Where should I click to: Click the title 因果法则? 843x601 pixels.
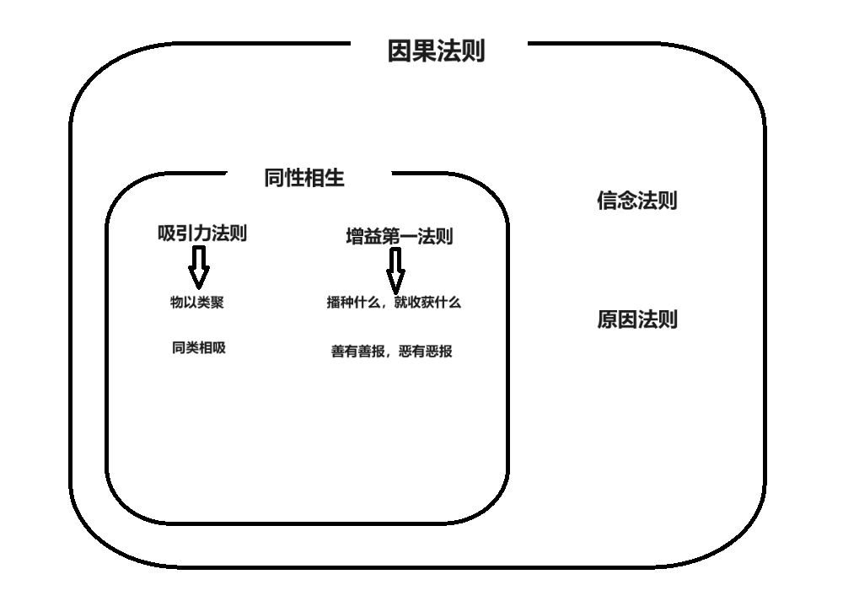(x=436, y=51)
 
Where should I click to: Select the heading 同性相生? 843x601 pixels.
(x=304, y=178)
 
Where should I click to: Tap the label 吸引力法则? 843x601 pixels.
(x=202, y=233)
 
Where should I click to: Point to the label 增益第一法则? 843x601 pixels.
(x=399, y=237)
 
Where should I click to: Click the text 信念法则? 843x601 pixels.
(x=637, y=201)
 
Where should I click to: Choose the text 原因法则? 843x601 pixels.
(x=637, y=320)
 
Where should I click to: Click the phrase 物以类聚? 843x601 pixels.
(x=197, y=303)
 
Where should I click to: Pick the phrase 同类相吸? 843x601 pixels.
(x=199, y=348)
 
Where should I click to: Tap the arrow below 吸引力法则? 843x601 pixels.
(x=198, y=267)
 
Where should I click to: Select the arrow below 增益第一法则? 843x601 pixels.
(x=395, y=271)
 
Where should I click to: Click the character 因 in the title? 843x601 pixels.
(x=400, y=51)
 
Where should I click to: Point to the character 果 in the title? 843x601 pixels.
(x=424, y=51)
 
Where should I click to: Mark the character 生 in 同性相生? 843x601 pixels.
(x=335, y=178)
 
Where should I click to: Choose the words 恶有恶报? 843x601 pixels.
(x=426, y=351)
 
